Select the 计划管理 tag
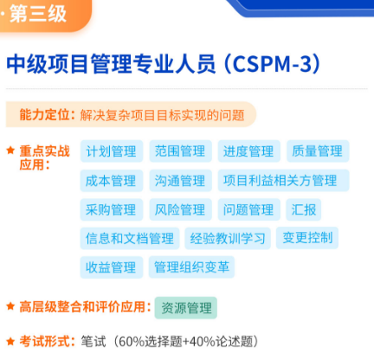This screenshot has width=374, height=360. tap(112, 151)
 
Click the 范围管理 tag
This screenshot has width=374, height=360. tap(180, 151)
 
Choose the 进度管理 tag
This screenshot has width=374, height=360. tap(248, 151)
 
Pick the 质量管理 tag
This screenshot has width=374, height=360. tap(318, 151)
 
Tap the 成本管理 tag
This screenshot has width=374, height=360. tap(112, 181)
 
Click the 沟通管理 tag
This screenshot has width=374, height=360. tap(180, 181)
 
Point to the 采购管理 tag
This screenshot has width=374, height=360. tap(112, 209)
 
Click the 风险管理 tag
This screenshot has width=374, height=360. tap(180, 209)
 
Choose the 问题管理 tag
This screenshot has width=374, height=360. tap(248, 209)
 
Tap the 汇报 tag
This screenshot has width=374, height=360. tap(305, 209)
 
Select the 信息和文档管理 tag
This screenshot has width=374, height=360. tap(130, 238)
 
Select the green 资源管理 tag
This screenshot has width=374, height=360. tap(186, 307)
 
